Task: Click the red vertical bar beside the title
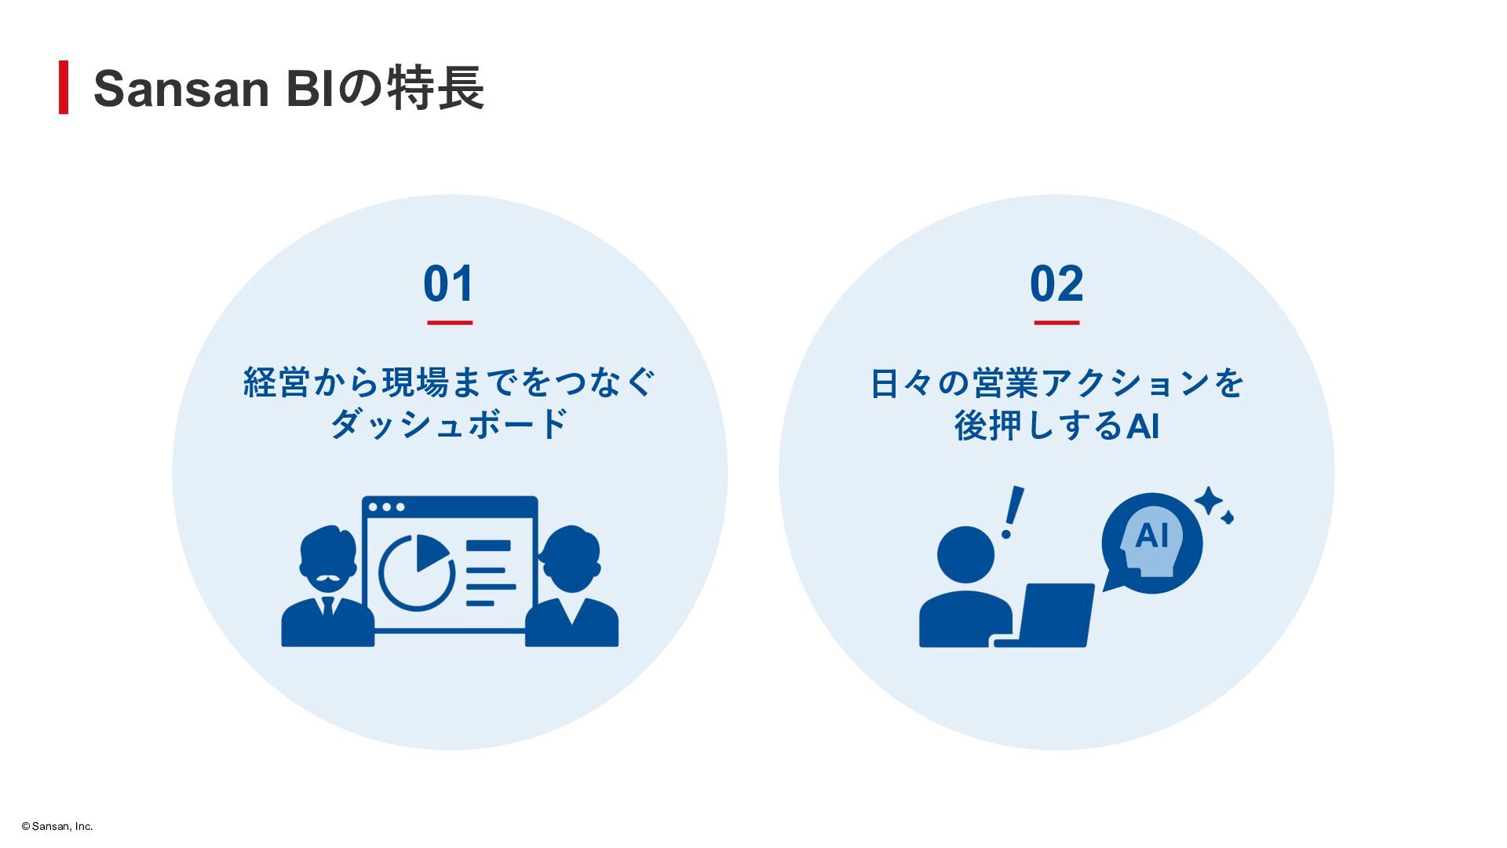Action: tap(64, 87)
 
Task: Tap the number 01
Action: tap(449, 283)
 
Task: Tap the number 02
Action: tap(1056, 283)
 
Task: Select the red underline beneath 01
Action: tap(450, 322)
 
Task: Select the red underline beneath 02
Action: tap(1056, 322)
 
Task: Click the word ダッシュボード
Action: tap(449, 425)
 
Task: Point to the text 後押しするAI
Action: tap(1056, 426)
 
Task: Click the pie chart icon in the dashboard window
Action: tap(416, 572)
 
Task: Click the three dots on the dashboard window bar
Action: tap(386, 507)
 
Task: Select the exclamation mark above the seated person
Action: tap(1013, 511)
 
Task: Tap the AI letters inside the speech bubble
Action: tap(1151, 535)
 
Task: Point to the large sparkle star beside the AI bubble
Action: tap(1209, 500)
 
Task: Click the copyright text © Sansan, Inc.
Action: tap(57, 826)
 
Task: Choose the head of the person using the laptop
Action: tap(965, 554)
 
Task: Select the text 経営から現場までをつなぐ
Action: tap(449, 383)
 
